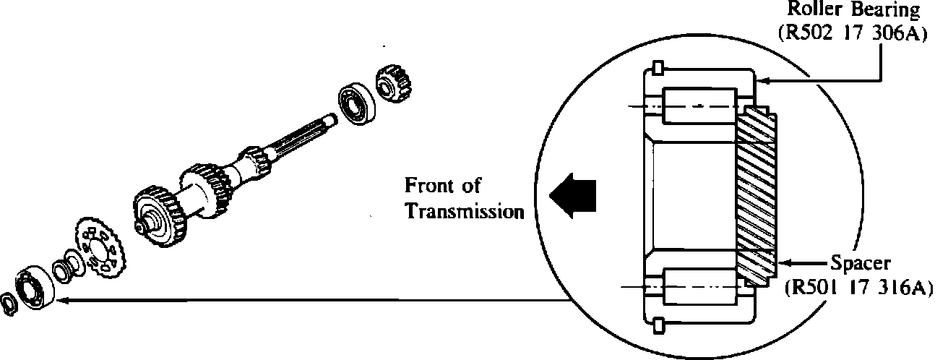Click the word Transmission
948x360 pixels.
pyautogui.click(x=464, y=212)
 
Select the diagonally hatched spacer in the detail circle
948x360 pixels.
pyautogui.click(x=757, y=195)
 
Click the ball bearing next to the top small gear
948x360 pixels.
pyautogui.click(x=355, y=106)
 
